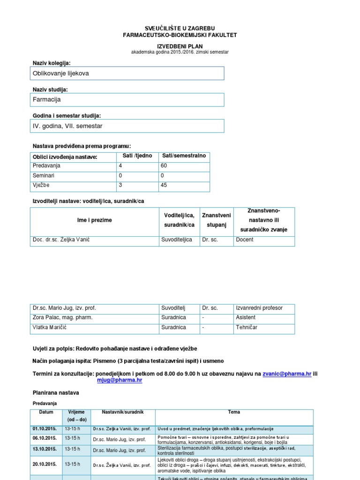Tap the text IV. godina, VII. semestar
pyautogui.click(x=67, y=126)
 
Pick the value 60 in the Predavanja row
pyautogui.click(x=164, y=165)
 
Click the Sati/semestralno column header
pyautogui.click(x=184, y=156)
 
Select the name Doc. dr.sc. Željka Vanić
pyautogui.click(x=61, y=240)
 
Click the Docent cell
pyautogui.click(x=245, y=240)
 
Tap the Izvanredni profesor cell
pyautogui.click(x=260, y=308)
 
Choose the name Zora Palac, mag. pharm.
pyautogui.click(x=62, y=317)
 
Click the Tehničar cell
pyautogui.click(x=247, y=327)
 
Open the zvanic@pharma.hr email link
pyautogui.click(x=287, y=374)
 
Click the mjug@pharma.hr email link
pyautogui.click(x=120, y=381)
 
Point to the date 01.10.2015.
pyautogui.click(x=45, y=429)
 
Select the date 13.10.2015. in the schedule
pyautogui.click(x=45, y=449)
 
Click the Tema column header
pyautogui.click(x=234, y=412)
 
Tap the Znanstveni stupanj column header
pyautogui.click(x=216, y=220)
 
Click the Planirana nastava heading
pyautogui.click(x=56, y=393)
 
